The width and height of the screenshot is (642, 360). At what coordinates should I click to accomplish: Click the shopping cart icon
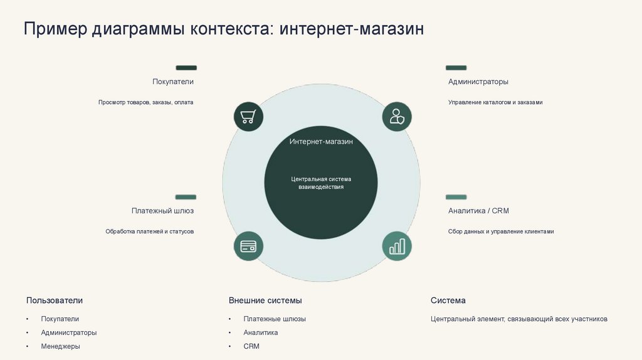[x=248, y=117]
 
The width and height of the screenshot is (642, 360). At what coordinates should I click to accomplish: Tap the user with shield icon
[x=397, y=117]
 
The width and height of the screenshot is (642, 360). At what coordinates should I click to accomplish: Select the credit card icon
[x=248, y=246]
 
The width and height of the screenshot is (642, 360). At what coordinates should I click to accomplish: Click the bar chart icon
[x=397, y=246]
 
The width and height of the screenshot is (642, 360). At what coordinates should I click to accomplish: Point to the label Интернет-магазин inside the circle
[x=321, y=142]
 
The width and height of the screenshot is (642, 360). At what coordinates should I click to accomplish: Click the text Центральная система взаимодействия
[x=321, y=183]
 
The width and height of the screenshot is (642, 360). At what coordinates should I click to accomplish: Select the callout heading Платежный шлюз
[x=162, y=211]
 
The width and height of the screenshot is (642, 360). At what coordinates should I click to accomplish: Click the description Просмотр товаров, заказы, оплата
[x=145, y=102]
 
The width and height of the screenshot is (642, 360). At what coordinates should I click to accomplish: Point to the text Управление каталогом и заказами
[x=495, y=102]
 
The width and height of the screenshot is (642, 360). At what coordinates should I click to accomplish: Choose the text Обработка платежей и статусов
[x=149, y=231]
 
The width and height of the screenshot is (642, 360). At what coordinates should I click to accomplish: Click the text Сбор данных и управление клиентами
[x=501, y=231]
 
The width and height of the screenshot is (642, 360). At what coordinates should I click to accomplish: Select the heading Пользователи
[x=55, y=300]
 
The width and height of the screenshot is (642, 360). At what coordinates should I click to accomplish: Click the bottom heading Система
[x=448, y=300]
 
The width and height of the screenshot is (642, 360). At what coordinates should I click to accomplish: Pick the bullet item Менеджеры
[x=61, y=346]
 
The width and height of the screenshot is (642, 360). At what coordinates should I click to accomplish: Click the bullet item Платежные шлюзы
[x=275, y=319]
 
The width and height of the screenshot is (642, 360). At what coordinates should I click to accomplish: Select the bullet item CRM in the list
[x=251, y=346]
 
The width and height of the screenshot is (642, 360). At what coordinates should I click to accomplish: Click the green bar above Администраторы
[x=456, y=68]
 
